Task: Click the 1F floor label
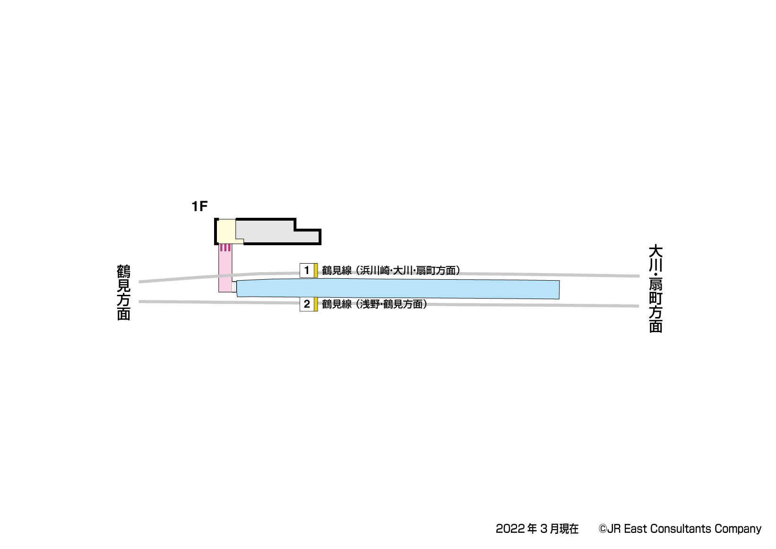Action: click(199, 206)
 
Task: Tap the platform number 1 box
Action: click(307, 270)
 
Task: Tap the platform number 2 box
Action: click(307, 304)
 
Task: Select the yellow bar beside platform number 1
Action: click(316, 270)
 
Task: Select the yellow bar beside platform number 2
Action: click(316, 304)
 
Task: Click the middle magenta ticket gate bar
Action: click(225, 248)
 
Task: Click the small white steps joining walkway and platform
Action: click(234, 287)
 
